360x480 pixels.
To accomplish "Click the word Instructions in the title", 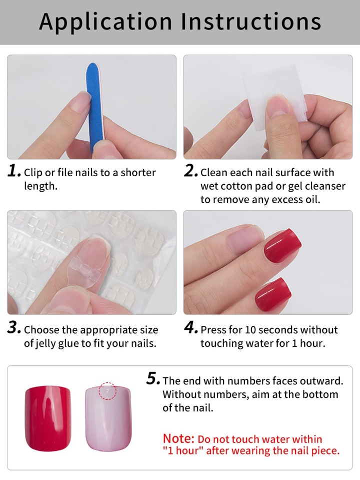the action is point(251,21).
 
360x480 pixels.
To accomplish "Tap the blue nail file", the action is point(95,107).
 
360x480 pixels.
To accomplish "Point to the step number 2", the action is point(191,171).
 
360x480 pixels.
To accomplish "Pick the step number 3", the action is point(14,328).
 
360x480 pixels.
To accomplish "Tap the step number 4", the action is point(191,328).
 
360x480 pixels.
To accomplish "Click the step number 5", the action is point(153,378).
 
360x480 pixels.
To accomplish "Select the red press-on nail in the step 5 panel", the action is point(47,418).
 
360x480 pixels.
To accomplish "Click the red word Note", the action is point(178,438).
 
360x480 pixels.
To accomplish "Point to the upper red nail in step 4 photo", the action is point(282,245).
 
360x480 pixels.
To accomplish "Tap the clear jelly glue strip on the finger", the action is point(86,269).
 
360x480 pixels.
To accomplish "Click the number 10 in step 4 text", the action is point(250,330).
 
